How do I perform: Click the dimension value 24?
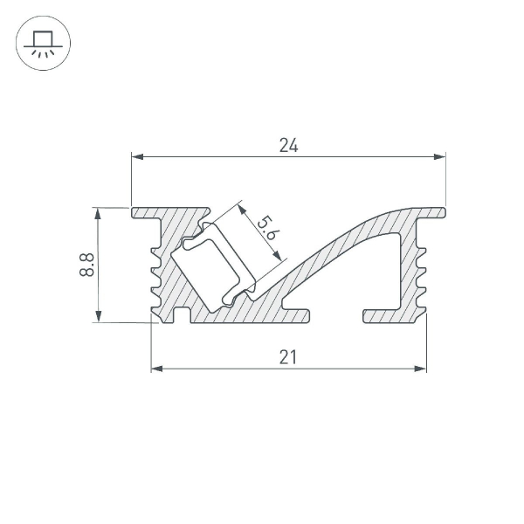tap(289, 146)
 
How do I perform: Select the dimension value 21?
tap(289, 356)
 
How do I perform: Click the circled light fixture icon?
tap(43, 43)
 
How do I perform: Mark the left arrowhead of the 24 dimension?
tap(137, 157)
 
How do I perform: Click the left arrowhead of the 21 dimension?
tap(157, 369)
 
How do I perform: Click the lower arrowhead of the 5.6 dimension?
tap(279, 256)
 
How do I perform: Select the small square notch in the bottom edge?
tap(182, 315)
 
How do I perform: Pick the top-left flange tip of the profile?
tap(135, 212)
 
